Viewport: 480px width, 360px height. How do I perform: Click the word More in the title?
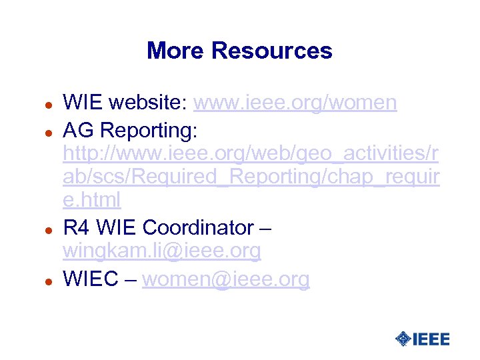tap(175, 51)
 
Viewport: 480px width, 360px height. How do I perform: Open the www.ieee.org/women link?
tap(295, 103)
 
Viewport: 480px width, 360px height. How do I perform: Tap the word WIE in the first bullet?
tap(83, 103)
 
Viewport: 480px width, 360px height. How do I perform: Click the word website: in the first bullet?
tap(149, 103)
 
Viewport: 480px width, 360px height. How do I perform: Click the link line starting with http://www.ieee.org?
tap(251, 153)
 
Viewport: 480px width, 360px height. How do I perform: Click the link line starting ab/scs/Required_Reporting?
tap(251, 178)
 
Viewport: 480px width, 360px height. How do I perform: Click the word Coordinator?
tap(197, 228)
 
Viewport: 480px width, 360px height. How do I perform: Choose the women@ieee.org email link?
tap(226, 279)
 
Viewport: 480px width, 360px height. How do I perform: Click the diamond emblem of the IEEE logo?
tap(403, 339)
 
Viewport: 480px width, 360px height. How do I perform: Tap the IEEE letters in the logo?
tap(431, 339)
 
